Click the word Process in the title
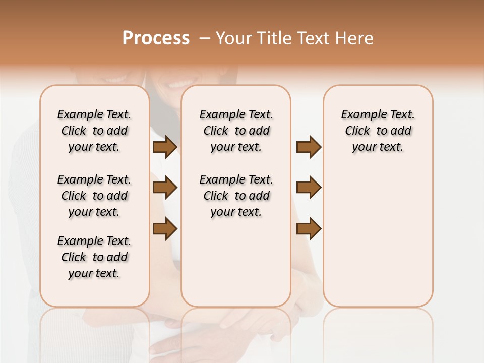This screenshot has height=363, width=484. point(156,38)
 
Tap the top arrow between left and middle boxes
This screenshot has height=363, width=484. point(165,147)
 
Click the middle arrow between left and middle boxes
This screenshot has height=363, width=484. point(165,188)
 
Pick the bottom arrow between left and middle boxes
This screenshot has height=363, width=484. point(165,229)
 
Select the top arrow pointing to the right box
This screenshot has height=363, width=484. point(309,147)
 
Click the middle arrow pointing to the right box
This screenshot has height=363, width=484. point(309,188)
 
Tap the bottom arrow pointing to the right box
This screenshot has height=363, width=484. point(309,229)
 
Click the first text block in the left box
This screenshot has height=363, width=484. point(94,131)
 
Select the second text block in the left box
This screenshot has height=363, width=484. point(94,196)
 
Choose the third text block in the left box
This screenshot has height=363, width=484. point(94,257)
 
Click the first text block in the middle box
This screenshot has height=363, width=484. point(236,131)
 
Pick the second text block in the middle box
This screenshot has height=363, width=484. point(236,196)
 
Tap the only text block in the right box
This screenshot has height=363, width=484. point(378,131)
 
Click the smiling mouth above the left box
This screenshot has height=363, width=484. point(117,79)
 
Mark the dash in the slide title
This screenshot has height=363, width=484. point(205,38)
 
